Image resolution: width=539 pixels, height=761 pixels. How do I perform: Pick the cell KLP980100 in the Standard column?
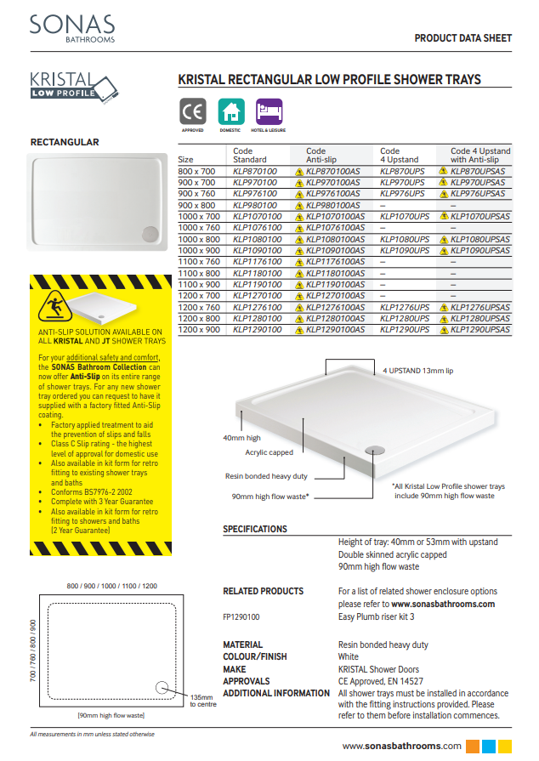coord(254,206)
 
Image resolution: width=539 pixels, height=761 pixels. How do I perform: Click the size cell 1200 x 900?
coord(199,328)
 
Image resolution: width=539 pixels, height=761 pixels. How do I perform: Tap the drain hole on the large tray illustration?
coord(373,445)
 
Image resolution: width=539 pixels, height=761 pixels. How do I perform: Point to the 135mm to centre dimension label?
coord(201,700)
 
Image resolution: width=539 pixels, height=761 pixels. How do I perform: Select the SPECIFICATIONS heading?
coord(255,529)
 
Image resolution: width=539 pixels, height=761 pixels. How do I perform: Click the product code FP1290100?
coord(241,616)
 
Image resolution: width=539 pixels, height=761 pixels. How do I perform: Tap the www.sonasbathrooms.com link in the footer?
coord(403,746)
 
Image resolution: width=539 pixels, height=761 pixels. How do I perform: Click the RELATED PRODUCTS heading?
coord(263,591)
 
